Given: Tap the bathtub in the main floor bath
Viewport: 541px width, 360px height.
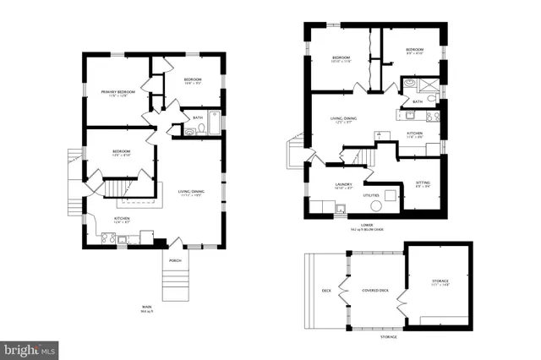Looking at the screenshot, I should tap(215, 124).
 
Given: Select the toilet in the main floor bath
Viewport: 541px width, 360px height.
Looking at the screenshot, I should tap(200, 129).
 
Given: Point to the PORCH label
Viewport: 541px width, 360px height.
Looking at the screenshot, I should tap(175, 260).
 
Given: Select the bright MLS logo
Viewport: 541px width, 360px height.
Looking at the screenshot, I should tap(30, 348).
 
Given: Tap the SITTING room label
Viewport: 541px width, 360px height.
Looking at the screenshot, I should tap(424, 183).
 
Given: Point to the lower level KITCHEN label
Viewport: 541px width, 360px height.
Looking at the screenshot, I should tap(415, 134).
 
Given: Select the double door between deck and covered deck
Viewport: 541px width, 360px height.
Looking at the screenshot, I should tap(343, 291).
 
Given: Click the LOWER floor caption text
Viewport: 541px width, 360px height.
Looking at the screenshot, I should tap(367, 226).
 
